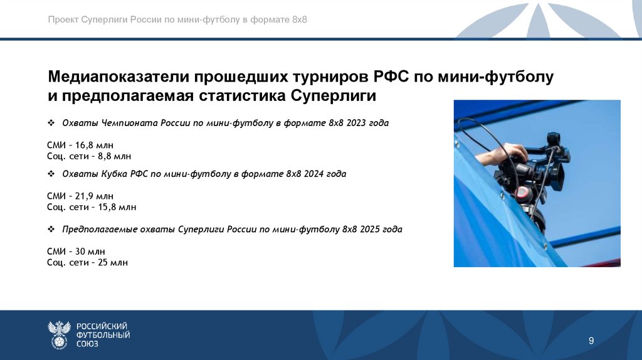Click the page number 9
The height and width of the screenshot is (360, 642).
pyautogui.click(x=591, y=341)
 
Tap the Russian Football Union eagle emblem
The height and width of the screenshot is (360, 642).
pyautogui.click(x=60, y=334)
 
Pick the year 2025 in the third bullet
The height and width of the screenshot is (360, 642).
pyautogui.click(x=371, y=230)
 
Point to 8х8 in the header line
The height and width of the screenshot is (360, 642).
pyautogui.click(x=299, y=19)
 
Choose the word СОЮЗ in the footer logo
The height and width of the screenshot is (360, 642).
pyautogui.click(x=88, y=344)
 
